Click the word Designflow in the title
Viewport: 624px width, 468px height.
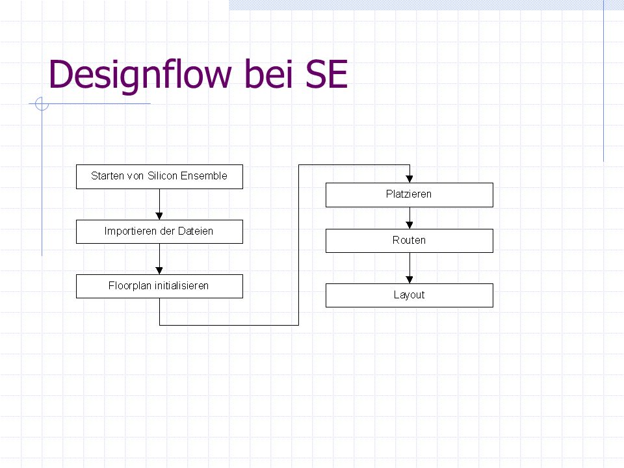140,75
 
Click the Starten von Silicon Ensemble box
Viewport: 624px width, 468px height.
159,177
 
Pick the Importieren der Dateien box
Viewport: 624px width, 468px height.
159,231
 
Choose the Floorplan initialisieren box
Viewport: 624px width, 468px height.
159,286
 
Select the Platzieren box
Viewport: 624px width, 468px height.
409,195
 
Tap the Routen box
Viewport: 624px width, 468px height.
409,240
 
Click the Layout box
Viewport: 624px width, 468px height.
409,295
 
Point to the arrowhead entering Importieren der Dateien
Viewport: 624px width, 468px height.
159,216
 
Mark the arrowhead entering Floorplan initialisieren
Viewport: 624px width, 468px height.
159,270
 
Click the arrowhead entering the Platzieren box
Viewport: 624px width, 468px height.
409,179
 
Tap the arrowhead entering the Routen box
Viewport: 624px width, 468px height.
409,226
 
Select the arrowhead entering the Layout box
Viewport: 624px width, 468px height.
409,279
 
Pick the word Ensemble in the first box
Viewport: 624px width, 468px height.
203,175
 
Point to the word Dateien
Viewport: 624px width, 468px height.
196,231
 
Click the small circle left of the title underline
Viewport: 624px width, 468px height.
42,104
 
